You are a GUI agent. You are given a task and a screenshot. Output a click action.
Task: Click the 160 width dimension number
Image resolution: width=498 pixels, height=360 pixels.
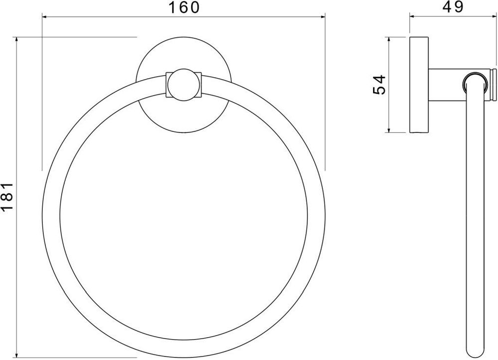coord(183,7)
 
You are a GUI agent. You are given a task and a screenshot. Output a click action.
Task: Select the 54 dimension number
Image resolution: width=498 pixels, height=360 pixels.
coord(379,85)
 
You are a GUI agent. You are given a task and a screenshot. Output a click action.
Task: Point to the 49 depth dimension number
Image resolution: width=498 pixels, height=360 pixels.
coord(453,7)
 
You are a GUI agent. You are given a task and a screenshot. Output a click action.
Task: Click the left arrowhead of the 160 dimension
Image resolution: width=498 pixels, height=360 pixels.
coord(45,16)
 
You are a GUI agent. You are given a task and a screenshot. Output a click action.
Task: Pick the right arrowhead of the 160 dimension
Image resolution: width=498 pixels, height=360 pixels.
coord(322,16)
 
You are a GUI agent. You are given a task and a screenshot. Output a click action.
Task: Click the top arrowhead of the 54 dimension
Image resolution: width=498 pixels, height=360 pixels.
coord(388,40)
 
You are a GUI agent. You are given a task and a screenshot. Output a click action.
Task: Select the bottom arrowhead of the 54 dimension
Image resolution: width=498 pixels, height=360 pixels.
coord(388,129)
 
